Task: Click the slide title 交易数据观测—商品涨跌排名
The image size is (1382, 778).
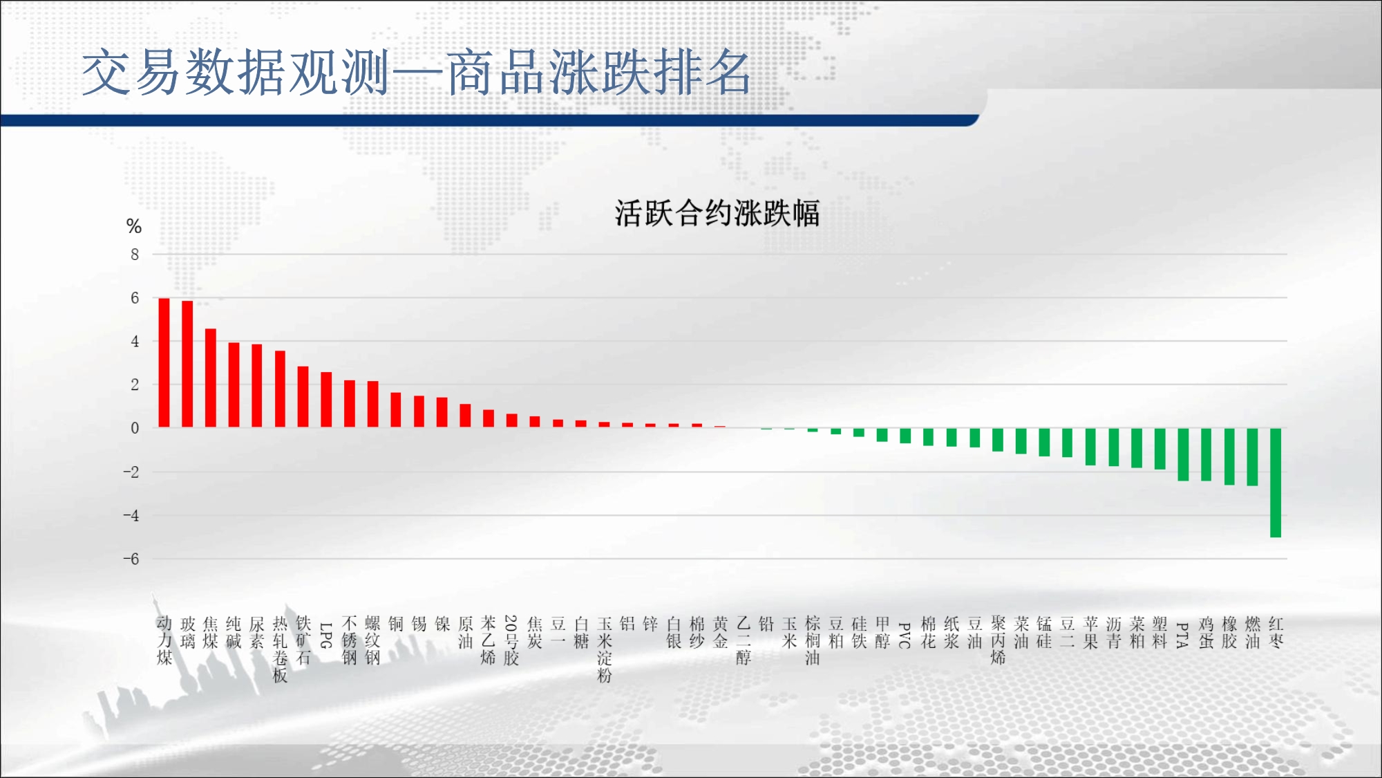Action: click(x=416, y=72)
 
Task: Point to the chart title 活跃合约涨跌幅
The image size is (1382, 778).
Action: click(x=717, y=213)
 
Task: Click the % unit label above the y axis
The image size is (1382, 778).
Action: click(x=134, y=226)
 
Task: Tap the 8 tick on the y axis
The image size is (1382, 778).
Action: click(x=135, y=254)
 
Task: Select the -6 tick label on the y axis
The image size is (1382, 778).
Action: click(x=131, y=559)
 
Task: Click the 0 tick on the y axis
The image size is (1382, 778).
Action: click(x=135, y=428)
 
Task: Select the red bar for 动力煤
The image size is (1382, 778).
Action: click(x=164, y=363)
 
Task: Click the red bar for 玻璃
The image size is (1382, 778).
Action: click(x=187, y=364)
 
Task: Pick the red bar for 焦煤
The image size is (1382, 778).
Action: click(x=211, y=378)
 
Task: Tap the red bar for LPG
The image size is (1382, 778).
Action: click(x=326, y=400)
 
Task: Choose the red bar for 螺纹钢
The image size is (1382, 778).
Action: click(x=372, y=405)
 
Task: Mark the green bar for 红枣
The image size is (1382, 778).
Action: click(x=1276, y=483)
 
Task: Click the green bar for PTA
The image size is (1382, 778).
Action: click(x=1183, y=454)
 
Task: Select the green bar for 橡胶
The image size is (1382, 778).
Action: click(x=1229, y=456)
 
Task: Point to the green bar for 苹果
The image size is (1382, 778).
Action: click(x=1090, y=447)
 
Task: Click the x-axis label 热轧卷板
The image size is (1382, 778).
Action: click(x=280, y=649)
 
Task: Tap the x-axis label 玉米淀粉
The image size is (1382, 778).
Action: click(x=605, y=649)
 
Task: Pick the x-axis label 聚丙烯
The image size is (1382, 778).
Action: click(x=998, y=640)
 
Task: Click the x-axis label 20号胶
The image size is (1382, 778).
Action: click(x=511, y=640)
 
